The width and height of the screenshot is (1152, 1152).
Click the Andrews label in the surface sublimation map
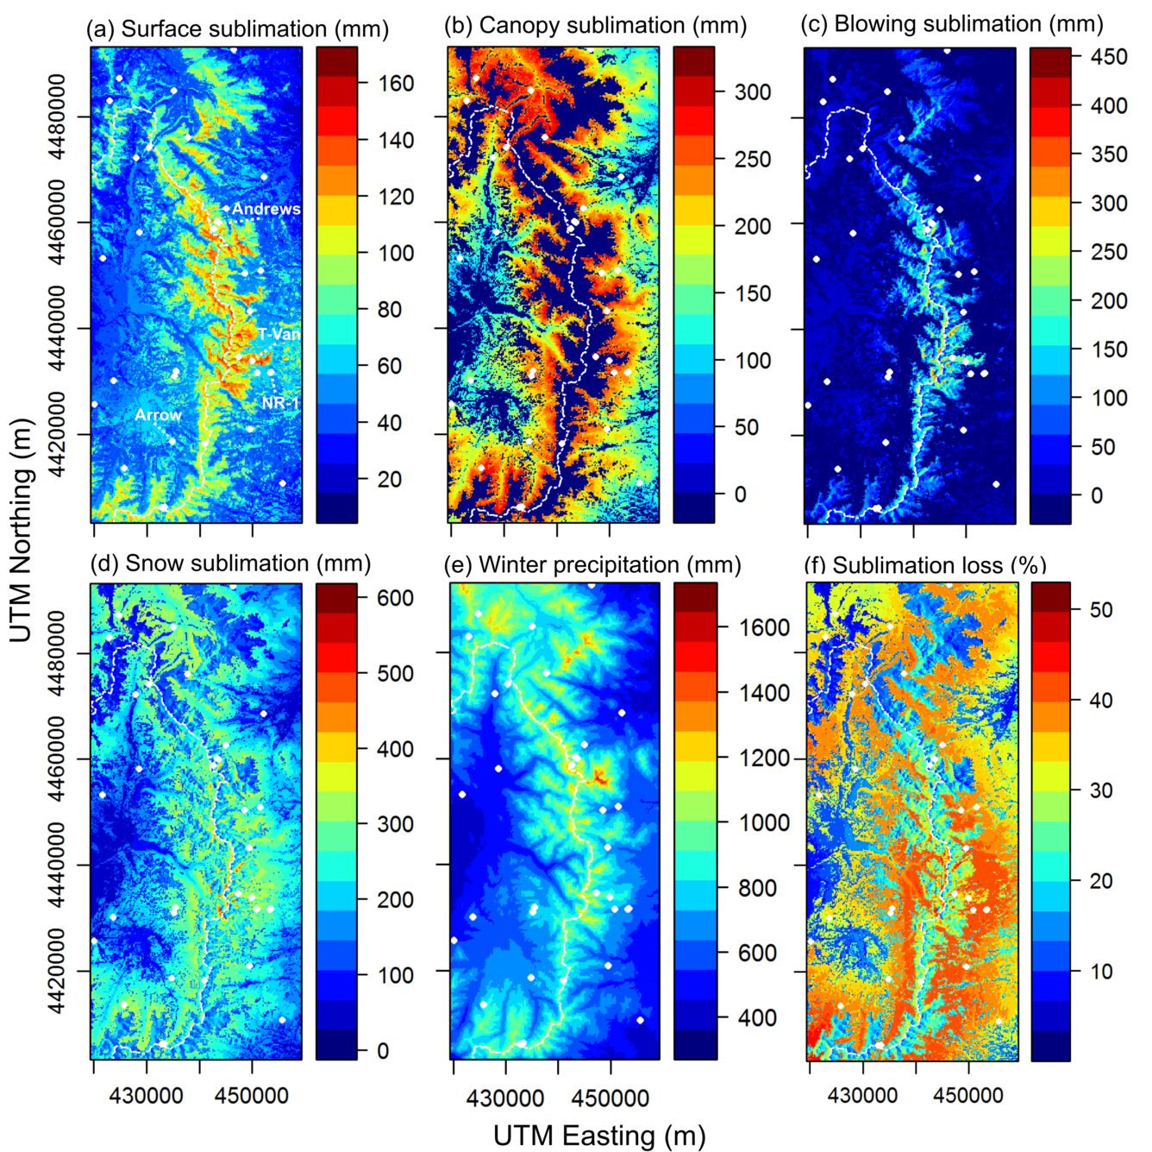coord(266,209)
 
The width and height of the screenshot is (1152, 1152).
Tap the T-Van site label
coord(279,334)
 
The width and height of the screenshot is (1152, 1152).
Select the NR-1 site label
coord(280,402)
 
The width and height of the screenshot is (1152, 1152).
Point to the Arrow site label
coord(158,415)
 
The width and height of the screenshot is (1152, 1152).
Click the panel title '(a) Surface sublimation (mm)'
coord(237,28)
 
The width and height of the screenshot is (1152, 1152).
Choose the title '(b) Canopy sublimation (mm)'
coord(595,25)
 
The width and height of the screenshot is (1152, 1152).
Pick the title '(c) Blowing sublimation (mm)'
coord(952,23)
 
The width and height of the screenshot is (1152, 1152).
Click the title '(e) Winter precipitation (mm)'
coord(592,564)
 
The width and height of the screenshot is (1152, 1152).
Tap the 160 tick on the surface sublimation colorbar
coord(396,84)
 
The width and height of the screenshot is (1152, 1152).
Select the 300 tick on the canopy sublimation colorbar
coord(752,92)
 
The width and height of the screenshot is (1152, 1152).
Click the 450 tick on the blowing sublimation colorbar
coord(1109,57)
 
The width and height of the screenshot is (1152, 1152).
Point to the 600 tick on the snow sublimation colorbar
coord(396,598)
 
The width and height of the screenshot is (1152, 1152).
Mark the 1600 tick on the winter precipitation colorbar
coord(764,628)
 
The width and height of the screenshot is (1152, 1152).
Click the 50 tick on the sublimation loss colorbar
coord(1101,610)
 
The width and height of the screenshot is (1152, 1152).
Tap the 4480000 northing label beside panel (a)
coord(57,116)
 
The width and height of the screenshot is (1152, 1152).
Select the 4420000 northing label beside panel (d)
coord(57,971)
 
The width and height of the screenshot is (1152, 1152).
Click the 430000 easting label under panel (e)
coord(505,1098)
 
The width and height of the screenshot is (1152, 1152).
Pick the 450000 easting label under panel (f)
coord(968,1096)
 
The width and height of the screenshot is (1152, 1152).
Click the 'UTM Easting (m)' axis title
coord(599,1136)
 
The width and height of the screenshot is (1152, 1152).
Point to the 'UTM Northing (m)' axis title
coord(21,531)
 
